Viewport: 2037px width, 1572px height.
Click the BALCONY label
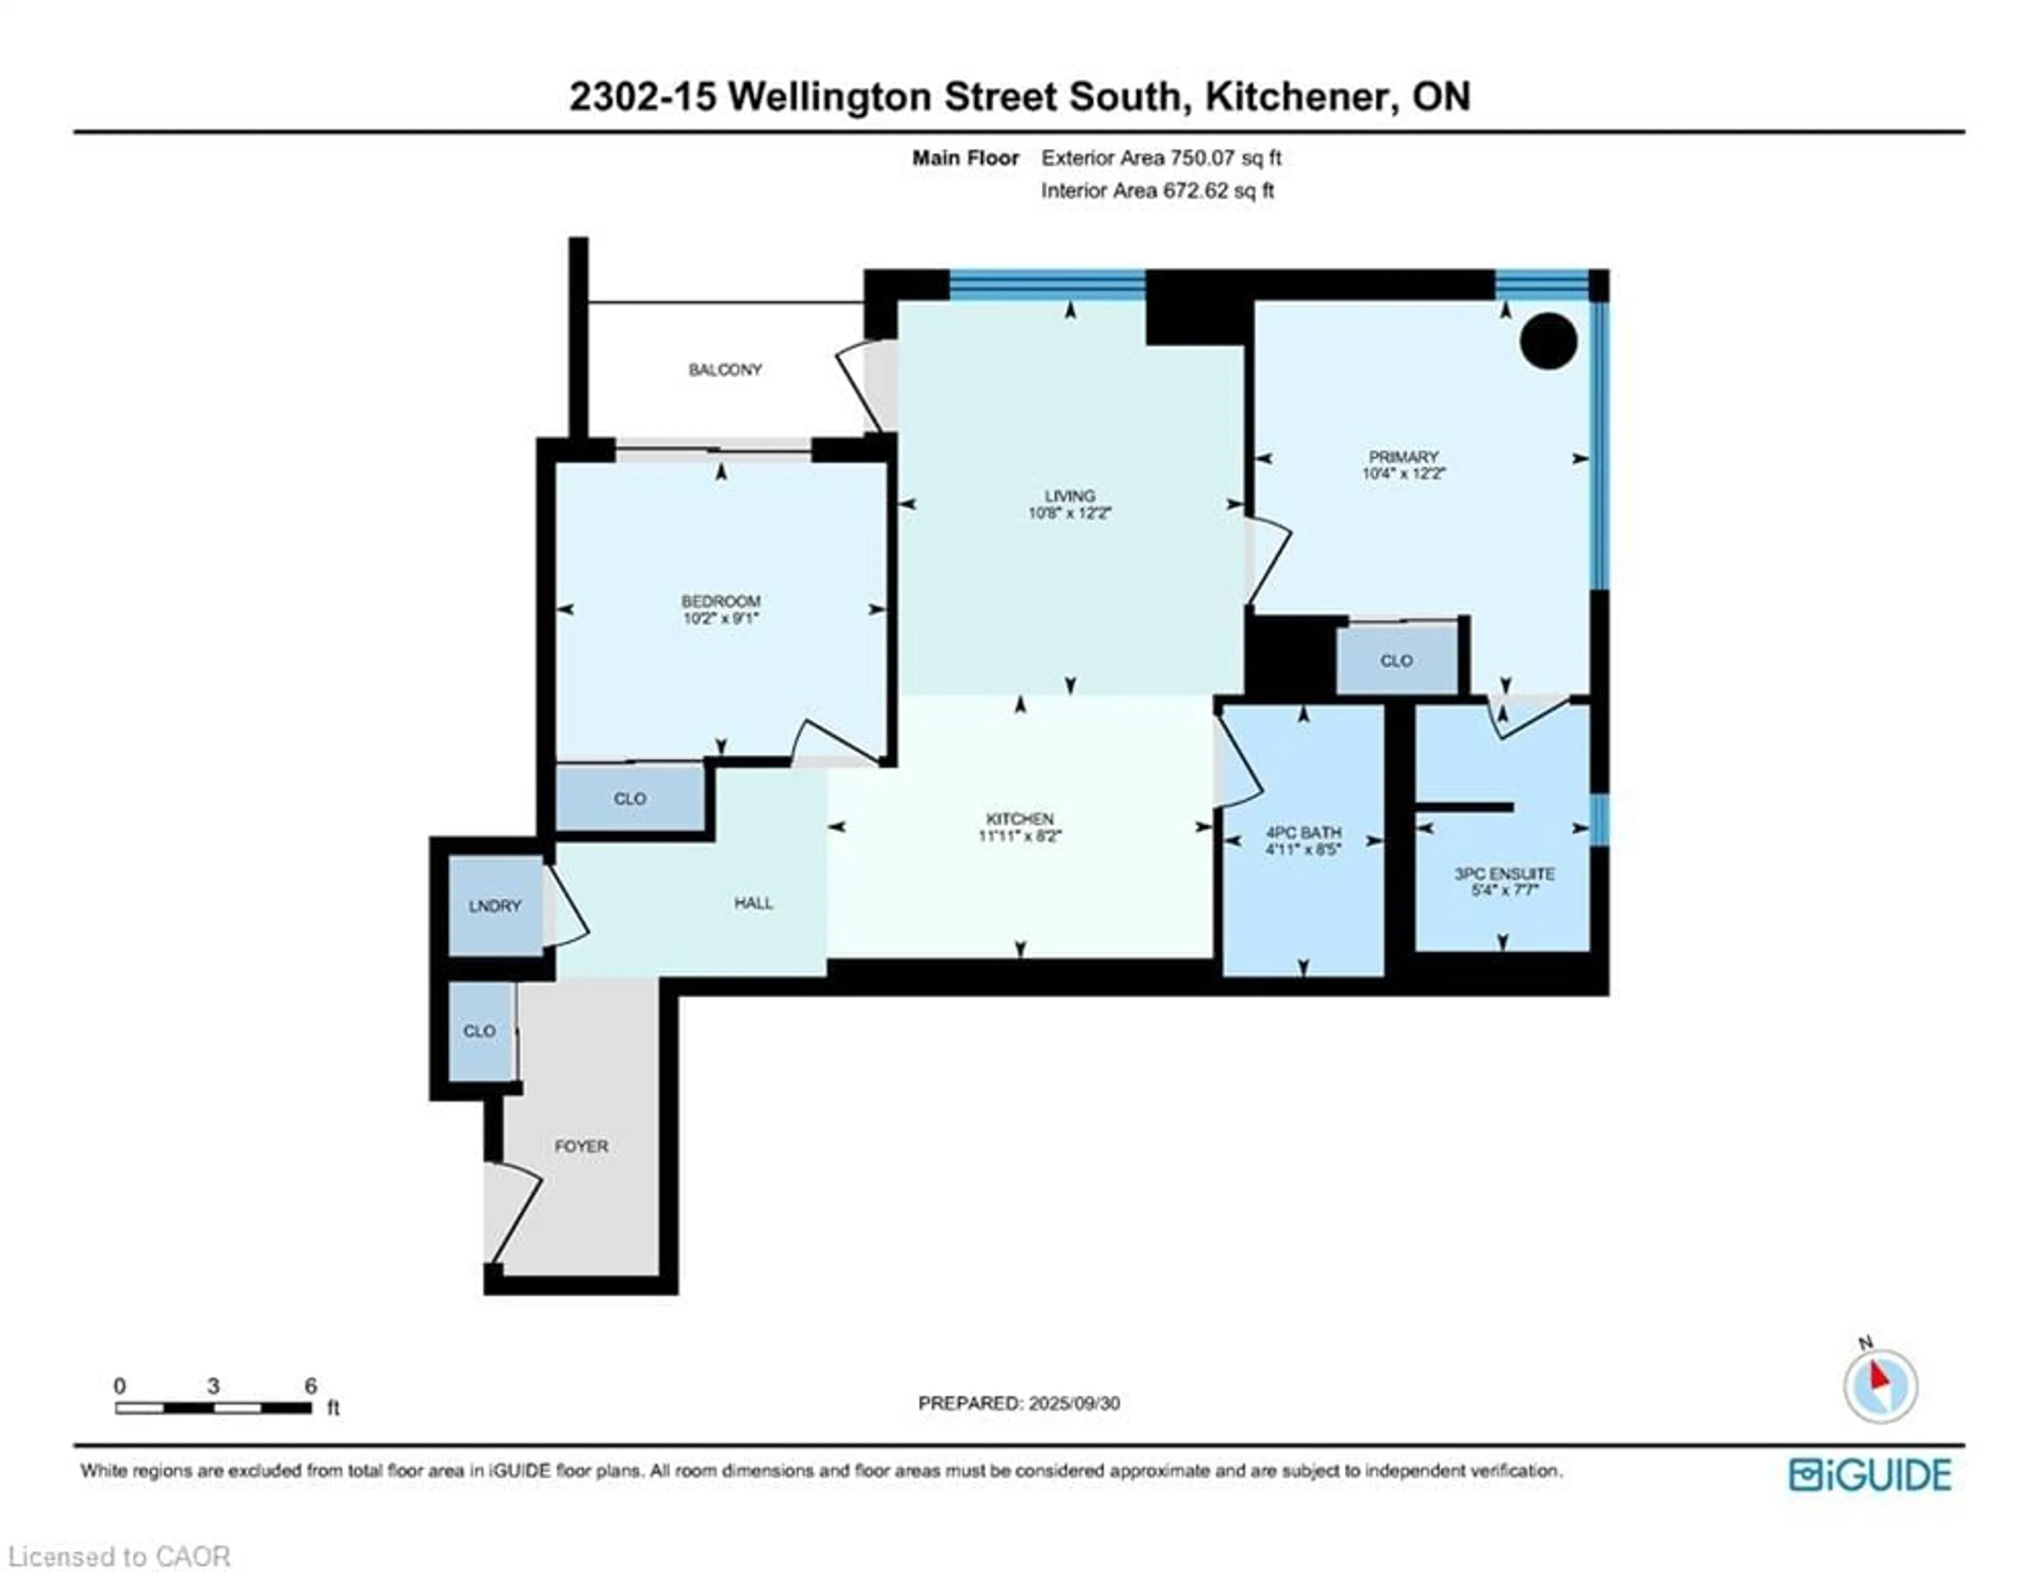725,370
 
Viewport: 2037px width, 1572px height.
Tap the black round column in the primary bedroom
1548,340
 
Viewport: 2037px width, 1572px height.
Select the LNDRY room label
494,906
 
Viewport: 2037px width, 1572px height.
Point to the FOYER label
581,1146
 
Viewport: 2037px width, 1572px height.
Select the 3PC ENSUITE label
1504,874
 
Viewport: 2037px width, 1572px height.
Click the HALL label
754,903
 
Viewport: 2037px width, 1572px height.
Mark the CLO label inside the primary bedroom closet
1396,661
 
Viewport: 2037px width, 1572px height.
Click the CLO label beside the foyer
480,1030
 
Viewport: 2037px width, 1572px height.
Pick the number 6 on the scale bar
310,1385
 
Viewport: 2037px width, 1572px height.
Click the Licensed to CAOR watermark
118,1556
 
